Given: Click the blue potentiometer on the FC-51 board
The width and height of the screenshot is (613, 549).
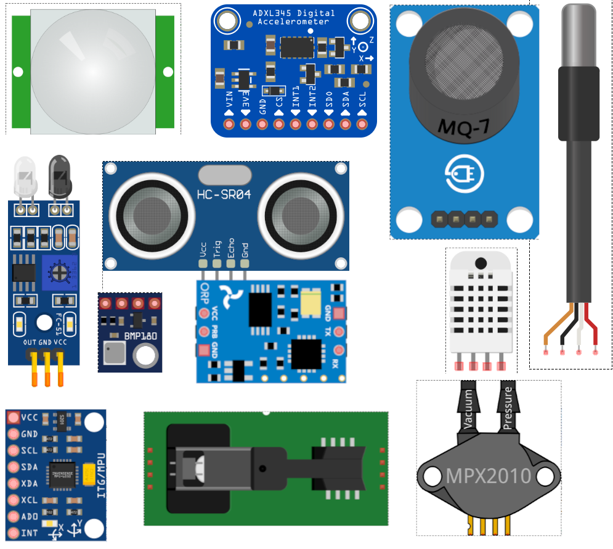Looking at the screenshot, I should coord(60,272).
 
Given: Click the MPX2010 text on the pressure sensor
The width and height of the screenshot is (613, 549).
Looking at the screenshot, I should coord(489,476).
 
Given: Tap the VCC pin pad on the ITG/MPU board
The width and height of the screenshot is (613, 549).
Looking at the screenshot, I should coord(13,418).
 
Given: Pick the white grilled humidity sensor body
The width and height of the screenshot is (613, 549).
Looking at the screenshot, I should coord(481,305).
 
